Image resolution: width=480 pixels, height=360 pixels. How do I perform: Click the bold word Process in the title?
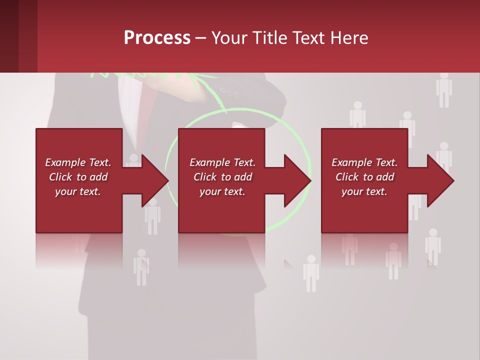157,38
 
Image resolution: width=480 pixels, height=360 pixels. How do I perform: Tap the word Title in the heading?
271,38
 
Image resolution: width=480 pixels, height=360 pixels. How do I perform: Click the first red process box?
79,215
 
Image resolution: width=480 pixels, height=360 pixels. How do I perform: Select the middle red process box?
221,215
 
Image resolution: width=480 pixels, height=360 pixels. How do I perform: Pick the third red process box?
364,215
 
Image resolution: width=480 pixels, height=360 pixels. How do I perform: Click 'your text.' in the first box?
77,191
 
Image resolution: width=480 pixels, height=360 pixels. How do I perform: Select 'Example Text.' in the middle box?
222,162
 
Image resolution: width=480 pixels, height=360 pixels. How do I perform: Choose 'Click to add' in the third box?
364,177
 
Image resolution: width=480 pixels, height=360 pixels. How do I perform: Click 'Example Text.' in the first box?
77,162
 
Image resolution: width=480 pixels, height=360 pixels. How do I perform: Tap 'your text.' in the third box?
364,191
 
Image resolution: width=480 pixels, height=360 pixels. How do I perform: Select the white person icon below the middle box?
311,273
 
